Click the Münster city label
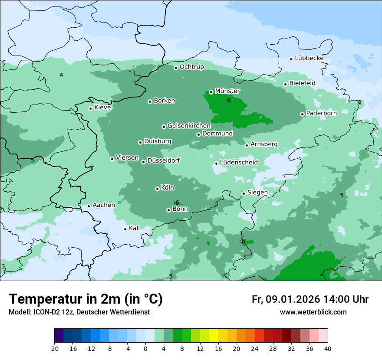227,91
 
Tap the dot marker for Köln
157,189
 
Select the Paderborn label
321,113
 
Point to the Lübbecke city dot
291,59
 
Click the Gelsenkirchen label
189,126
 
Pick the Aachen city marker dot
89,206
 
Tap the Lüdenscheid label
239,163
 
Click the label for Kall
135,228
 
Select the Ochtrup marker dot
176,68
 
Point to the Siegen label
257,193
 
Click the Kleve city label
102,108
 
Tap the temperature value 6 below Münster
229,101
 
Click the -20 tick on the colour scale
54,348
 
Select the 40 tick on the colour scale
328,348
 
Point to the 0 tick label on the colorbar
145,348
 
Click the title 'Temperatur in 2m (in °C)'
86,299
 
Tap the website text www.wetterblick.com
313,312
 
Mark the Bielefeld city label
302,83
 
